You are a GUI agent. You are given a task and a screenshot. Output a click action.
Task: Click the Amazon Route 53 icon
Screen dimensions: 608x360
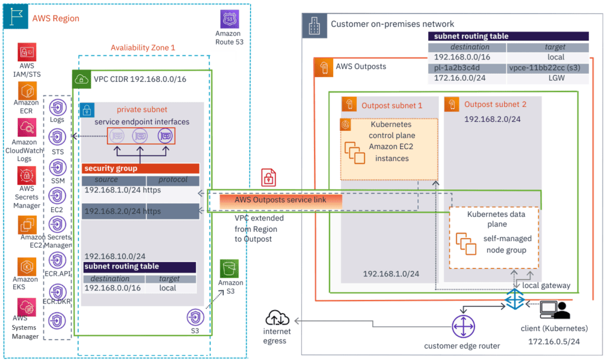coord(230,19)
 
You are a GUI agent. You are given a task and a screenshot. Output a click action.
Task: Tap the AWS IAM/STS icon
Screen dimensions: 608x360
coord(27,52)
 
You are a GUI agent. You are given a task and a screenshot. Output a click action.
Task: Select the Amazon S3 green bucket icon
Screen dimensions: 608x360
coord(229,269)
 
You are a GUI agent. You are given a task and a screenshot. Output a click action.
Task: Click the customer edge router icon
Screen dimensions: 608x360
coord(463,327)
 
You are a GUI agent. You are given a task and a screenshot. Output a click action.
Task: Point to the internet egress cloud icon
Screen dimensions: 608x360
coord(277,318)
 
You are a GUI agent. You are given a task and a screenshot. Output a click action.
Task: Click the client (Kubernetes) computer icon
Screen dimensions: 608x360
coord(555,310)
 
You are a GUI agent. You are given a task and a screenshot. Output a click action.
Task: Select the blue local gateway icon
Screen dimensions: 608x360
coord(515,299)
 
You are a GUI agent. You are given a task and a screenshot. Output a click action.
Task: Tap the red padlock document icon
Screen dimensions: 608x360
coord(268,178)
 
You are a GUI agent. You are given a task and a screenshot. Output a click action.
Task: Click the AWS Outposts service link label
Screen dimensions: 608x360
coord(280,200)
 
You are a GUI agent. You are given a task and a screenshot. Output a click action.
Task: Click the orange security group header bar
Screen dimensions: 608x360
coord(141,168)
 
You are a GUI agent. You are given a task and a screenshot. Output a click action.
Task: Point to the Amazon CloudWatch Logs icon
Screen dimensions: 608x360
coord(27,128)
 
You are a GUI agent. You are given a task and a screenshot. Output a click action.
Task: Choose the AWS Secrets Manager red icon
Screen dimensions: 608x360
coord(27,176)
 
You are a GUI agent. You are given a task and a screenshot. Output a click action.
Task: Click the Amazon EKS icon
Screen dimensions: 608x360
coord(27,267)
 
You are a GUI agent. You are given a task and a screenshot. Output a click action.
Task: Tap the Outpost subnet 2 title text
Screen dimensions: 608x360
coord(495,105)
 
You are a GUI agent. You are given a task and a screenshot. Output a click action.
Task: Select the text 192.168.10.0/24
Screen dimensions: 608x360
coord(115,257)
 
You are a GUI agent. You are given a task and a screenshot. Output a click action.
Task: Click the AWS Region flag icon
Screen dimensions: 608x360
coord(16,16)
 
